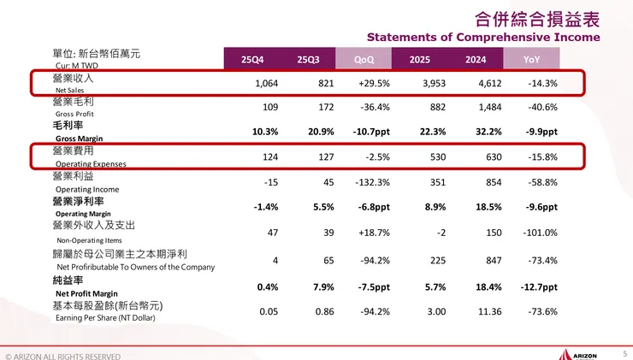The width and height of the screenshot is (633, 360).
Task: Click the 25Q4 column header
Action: click(252, 59)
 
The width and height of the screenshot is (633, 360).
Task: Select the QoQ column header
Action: click(364, 59)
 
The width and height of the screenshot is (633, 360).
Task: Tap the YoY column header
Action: click(531, 59)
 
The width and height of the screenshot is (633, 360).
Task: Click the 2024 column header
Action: click(476, 59)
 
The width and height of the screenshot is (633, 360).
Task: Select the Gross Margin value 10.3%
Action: click(264, 133)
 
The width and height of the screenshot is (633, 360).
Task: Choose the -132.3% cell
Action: click(370, 181)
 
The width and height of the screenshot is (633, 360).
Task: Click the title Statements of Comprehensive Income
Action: click(483, 38)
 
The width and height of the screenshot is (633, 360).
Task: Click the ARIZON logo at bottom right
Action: click(582, 353)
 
